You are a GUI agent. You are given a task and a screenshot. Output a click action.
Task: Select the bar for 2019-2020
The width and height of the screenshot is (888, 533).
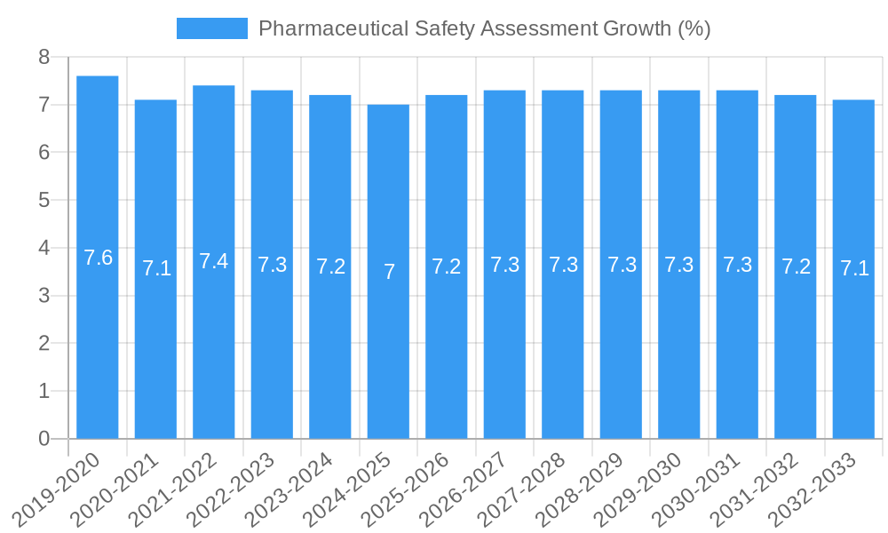[98, 258]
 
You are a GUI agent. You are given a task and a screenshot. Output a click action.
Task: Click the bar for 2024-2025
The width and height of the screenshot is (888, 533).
[388, 271]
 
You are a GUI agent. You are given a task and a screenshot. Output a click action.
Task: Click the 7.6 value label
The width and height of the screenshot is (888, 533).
[98, 258]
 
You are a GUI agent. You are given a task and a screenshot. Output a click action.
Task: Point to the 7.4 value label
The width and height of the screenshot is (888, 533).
[214, 261]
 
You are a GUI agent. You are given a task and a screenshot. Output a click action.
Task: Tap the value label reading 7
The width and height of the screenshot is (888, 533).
[389, 272]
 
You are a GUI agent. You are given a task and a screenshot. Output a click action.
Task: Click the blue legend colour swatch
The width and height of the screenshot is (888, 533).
[211, 28]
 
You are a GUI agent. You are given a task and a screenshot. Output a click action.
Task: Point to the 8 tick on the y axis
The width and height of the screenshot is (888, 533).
[44, 58]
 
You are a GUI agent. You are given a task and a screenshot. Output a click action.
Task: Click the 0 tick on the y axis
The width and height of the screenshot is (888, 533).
[44, 439]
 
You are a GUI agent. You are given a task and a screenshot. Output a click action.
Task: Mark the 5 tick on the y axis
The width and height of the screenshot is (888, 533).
[44, 201]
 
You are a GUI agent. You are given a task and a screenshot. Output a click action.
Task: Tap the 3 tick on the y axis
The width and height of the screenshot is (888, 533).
[44, 296]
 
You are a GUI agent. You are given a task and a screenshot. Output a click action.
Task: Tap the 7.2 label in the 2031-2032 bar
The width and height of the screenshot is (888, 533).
[796, 266]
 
